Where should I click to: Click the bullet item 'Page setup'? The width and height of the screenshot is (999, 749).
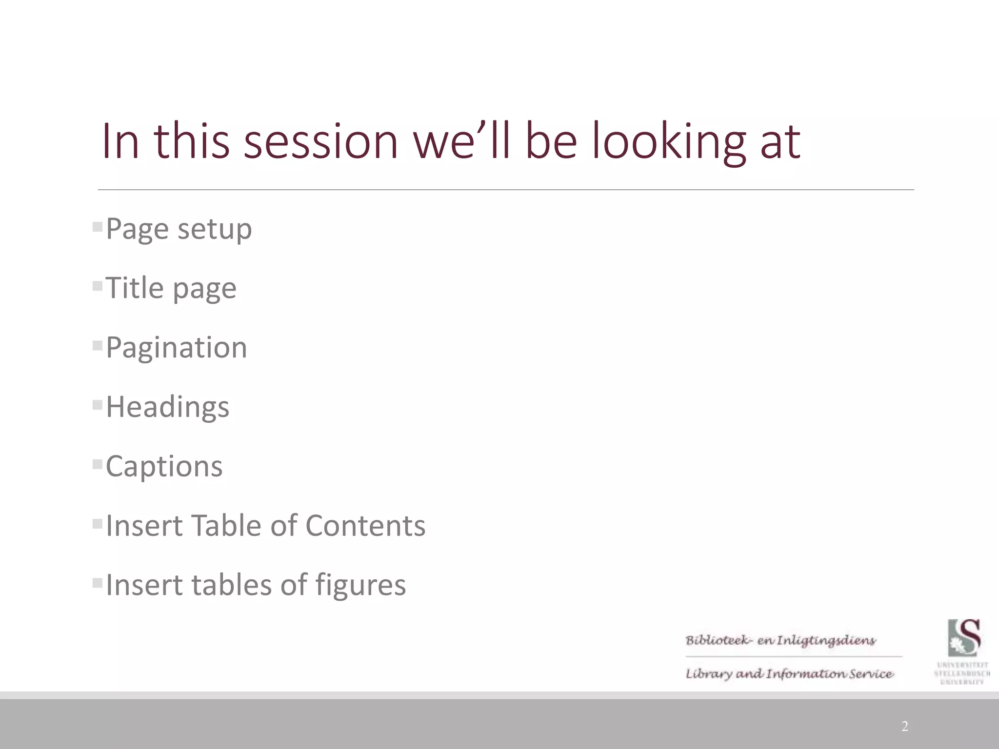tap(179, 229)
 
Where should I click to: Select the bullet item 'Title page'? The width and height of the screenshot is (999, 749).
tap(171, 288)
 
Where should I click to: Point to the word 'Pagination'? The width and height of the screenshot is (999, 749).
tap(176, 348)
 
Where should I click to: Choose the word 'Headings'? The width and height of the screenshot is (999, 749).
tap(167, 407)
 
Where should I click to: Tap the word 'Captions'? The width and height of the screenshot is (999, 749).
tap(164, 466)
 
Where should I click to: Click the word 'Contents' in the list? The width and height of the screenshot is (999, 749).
tap(365, 526)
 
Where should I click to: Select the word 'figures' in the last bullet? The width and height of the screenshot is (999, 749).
tap(360, 585)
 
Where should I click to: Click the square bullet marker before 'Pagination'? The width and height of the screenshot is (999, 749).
tap(97, 345)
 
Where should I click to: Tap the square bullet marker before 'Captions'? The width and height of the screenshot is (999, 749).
tap(97, 464)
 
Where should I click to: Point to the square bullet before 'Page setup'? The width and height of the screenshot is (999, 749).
tap(97, 226)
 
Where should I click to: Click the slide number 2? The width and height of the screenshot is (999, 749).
tap(904, 727)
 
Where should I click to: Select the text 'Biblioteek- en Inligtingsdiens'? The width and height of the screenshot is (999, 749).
tap(780, 640)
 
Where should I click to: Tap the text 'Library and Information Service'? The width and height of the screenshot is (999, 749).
tap(789, 674)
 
